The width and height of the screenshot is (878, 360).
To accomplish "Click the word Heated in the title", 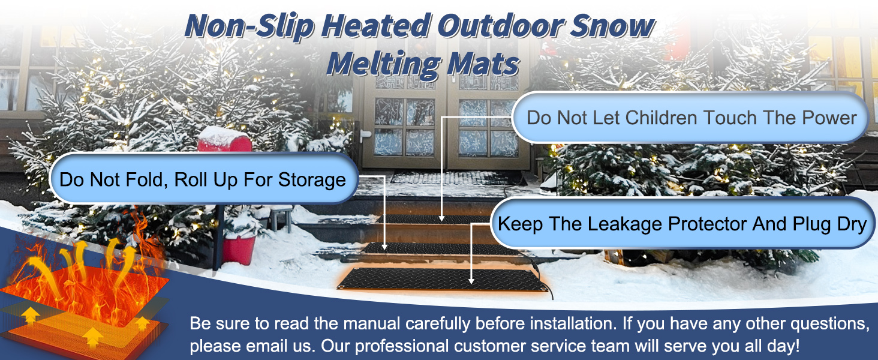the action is point(377,26).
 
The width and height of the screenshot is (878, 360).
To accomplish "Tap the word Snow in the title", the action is point(612,26).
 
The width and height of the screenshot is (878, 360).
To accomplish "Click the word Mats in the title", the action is point(483,64).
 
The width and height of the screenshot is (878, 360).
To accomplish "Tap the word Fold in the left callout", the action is point(148,179).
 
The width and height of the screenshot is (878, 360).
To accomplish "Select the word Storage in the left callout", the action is point(312,180).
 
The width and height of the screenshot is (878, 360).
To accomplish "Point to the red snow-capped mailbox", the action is point(224,139).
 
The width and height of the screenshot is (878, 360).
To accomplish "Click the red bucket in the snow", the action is point(239,248).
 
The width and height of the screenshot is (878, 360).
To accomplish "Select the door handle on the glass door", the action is point(363,135).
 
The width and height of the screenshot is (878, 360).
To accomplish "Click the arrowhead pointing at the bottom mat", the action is point(471,281).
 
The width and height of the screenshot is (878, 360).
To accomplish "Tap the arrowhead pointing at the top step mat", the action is point(441,218).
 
